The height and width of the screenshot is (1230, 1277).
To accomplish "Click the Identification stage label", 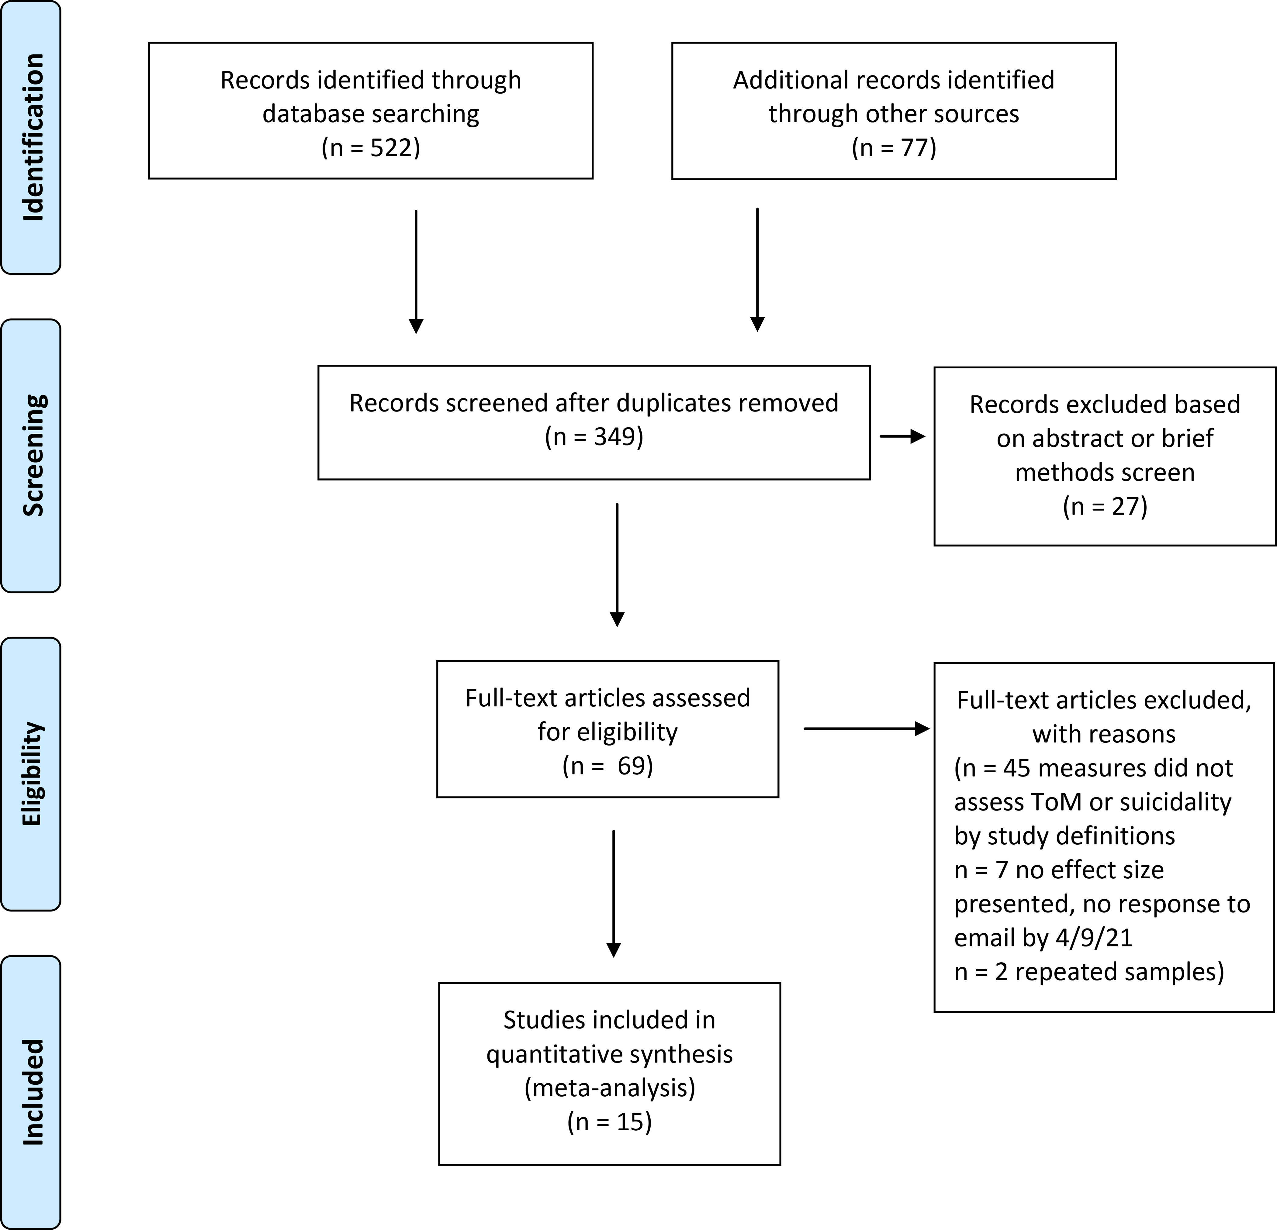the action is point(33,137).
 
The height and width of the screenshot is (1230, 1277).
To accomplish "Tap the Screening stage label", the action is point(33,455).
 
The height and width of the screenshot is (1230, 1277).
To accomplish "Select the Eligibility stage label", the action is point(33,773).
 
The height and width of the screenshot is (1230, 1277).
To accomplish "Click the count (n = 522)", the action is point(371,148).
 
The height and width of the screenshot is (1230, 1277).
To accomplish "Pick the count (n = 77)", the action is point(894,148).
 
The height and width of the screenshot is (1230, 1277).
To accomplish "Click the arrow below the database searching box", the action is point(416,271).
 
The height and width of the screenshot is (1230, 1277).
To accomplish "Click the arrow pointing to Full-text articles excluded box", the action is point(867,729).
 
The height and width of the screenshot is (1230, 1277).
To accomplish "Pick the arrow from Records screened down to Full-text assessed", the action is point(617,564).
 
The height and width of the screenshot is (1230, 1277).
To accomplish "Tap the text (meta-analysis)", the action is point(610,1088).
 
